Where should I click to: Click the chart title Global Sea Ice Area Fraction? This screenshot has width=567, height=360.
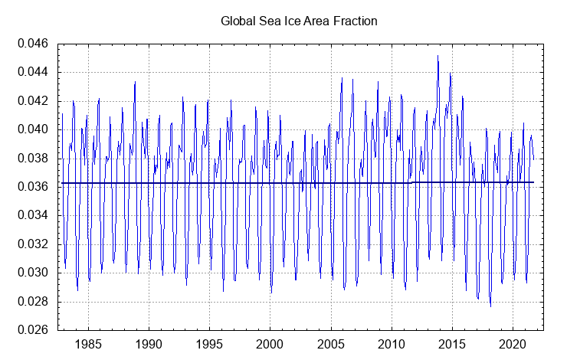point(299,21)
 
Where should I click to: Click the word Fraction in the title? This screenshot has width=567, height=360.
point(355,21)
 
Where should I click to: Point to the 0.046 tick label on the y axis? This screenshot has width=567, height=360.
point(33,44)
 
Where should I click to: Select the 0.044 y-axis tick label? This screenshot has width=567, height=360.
point(33,72)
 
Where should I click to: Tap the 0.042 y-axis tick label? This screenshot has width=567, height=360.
point(33,101)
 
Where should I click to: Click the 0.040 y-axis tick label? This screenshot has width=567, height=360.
point(33,129)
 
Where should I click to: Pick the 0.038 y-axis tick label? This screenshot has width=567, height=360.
point(33,159)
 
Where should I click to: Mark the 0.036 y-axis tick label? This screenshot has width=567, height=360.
point(33,187)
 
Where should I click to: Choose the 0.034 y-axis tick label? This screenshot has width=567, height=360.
point(33,215)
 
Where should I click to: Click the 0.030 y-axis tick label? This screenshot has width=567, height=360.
point(33,273)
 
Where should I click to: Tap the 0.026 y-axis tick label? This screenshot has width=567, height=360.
point(33,330)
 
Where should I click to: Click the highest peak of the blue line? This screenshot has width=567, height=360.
point(438,56)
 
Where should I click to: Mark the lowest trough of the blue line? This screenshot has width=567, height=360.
point(490,306)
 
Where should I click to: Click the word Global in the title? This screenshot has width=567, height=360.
point(238,21)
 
